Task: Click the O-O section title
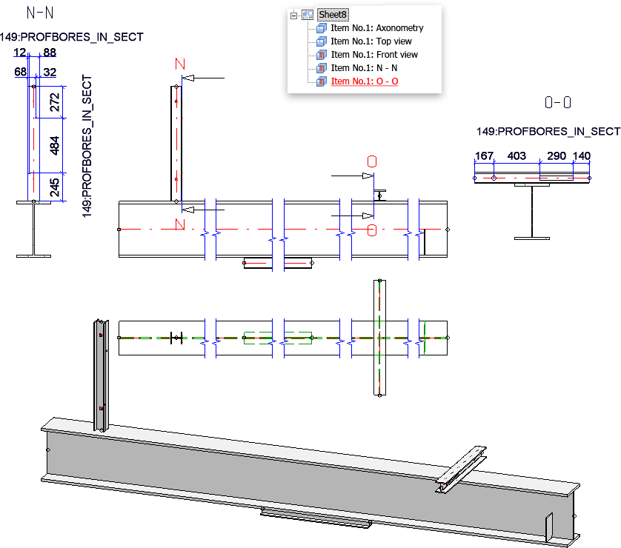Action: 557,102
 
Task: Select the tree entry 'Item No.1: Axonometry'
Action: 376,28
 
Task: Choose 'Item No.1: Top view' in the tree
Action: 371,41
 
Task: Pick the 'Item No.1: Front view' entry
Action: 373,55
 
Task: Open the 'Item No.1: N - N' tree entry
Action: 364,68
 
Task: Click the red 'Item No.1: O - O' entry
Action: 364,81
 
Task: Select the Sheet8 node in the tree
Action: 332,14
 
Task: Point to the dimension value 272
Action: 55,103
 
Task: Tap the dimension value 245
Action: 55,189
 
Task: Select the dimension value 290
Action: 556,156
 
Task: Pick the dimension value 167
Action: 484,156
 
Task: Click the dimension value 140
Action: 582,156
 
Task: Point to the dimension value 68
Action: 20,72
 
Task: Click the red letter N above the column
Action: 179,64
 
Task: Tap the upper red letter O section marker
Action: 372,161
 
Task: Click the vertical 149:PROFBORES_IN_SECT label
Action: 87,145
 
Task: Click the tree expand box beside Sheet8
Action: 294,15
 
